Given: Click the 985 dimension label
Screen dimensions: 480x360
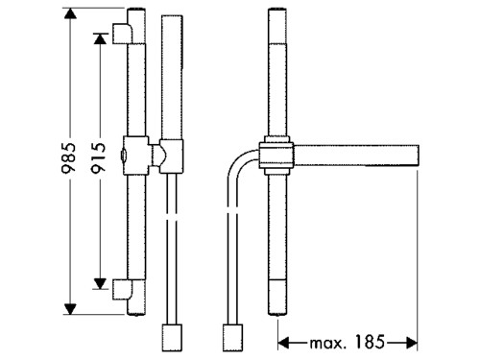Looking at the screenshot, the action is (69, 158).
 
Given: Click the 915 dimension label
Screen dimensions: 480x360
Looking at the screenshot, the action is (98, 158).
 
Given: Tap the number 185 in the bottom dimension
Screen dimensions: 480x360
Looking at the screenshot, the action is (370, 342).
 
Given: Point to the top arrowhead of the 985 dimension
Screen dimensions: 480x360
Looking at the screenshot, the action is (70, 13).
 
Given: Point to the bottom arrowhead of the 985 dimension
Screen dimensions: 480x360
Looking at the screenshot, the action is (70, 309).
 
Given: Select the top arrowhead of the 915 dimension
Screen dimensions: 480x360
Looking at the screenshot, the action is (100, 39).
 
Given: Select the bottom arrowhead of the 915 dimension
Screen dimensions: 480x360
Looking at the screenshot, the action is (100, 283).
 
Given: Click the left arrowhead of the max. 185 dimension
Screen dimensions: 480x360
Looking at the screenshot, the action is (283, 343).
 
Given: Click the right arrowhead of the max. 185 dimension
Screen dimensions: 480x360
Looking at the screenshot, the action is (412, 343).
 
